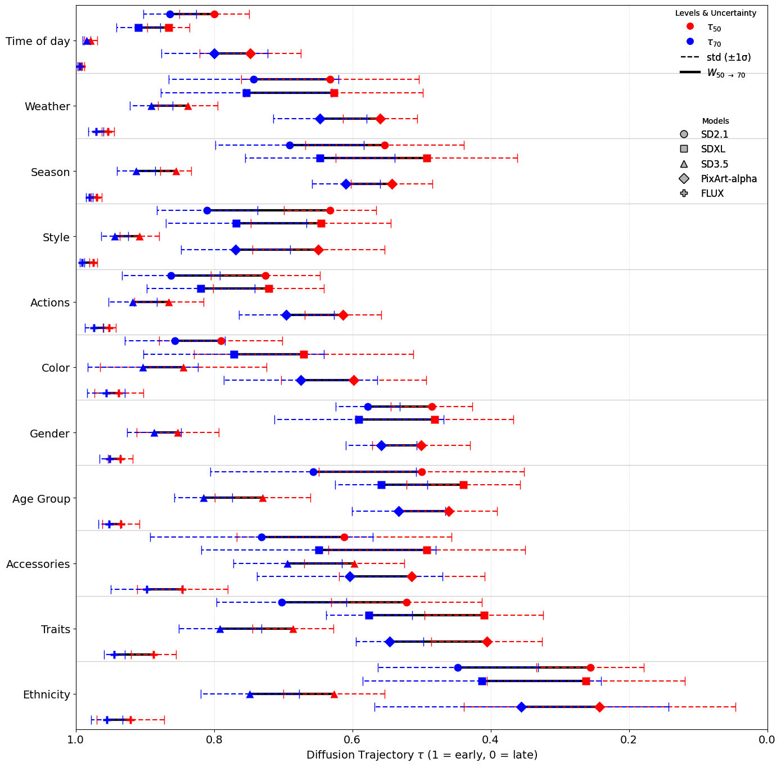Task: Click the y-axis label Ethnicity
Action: (x=47, y=694)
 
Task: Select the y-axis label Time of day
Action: (x=38, y=41)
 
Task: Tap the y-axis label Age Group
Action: (x=41, y=499)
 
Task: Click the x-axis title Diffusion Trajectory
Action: (x=422, y=755)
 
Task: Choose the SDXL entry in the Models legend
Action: (x=712, y=149)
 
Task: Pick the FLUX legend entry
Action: (x=712, y=193)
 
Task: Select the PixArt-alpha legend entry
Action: (x=728, y=179)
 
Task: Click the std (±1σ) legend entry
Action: (x=728, y=57)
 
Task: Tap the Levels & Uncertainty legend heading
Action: (x=715, y=13)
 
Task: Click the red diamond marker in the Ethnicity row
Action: (x=599, y=707)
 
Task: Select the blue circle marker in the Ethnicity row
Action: (x=458, y=667)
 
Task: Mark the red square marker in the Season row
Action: (x=427, y=158)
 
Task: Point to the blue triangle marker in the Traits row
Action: (x=220, y=629)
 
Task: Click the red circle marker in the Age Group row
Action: (x=422, y=472)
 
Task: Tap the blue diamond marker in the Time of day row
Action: (x=214, y=53)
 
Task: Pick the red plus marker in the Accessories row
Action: (x=182, y=589)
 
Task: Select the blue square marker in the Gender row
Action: (x=359, y=419)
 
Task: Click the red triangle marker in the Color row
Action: (x=183, y=368)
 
